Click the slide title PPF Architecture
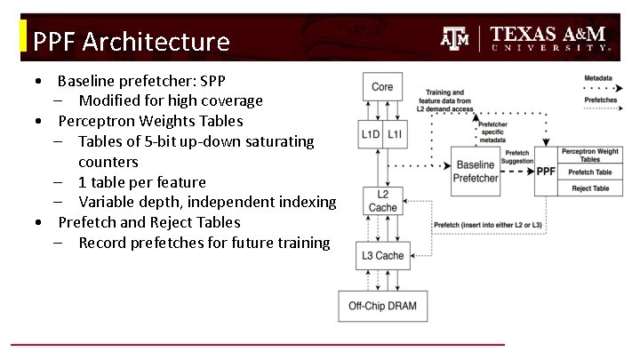(131, 41)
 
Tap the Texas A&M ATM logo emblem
(455, 38)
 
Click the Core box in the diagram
(381, 87)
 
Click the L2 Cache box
(382, 201)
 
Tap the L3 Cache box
(382, 256)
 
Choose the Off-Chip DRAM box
(381, 307)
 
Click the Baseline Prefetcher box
(477, 172)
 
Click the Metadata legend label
(597, 78)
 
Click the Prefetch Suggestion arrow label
(518, 156)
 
